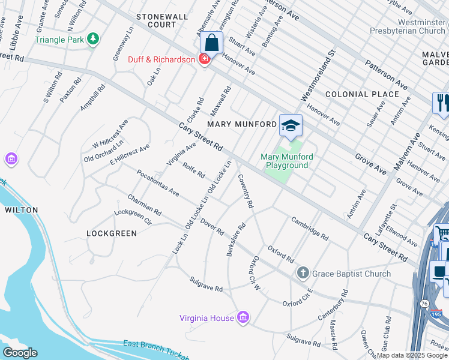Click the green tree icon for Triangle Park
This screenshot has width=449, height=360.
[x=92, y=40]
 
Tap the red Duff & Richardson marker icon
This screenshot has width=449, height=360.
[x=205, y=59]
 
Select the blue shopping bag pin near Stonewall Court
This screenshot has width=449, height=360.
[x=211, y=43]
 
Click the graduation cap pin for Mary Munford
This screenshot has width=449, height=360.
[x=291, y=126]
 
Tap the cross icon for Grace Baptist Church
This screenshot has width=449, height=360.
[x=303, y=274]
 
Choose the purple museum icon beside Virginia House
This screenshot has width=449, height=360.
[x=243, y=317]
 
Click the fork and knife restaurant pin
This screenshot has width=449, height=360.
[x=442, y=103]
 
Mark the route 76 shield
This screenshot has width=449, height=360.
[x=425, y=304]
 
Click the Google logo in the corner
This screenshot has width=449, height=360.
[x=20, y=352]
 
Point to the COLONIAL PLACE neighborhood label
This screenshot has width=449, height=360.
[x=362, y=94]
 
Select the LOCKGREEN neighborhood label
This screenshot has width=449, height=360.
[x=112, y=233]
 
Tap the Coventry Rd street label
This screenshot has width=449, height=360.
[x=246, y=191]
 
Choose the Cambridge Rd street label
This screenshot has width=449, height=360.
[x=310, y=228]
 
